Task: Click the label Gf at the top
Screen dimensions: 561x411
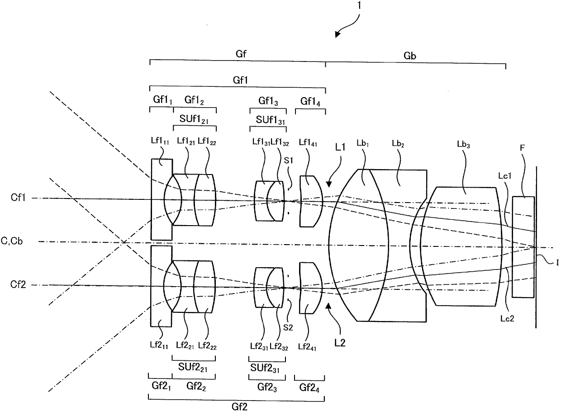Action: click(241, 54)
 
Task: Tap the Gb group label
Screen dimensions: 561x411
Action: click(410, 56)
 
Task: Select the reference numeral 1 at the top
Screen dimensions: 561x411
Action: click(359, 5)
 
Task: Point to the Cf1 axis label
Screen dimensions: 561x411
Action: click(18, 198)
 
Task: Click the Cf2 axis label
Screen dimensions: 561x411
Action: click(18, 284)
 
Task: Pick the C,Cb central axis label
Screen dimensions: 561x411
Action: click(12, 241)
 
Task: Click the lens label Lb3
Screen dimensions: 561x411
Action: click(463, 144)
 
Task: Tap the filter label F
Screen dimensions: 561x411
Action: click(522, 148)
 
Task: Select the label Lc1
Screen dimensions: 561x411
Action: click(504, 176)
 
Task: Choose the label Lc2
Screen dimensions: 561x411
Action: click(507, 318)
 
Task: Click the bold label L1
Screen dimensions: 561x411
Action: click(340, 147)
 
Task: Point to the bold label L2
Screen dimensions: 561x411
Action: click(340, 343)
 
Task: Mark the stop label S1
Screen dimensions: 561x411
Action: click(288, 160)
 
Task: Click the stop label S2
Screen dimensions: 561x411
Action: click(288, 327)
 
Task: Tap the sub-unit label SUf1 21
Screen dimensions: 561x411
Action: click(194, 119)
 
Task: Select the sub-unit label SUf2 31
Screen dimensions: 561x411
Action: click(265, 368)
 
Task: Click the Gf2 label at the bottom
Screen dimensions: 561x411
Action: click(239, 407)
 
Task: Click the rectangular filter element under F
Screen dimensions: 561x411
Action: click(523, 247)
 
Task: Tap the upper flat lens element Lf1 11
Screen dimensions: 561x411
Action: click(162, 199)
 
